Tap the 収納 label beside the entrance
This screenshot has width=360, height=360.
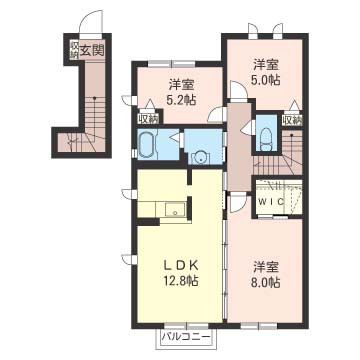point(74,50)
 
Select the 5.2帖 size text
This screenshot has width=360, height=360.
point(182,100)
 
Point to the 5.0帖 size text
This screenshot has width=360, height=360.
point(266,79)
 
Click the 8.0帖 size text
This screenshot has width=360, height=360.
point(266,283)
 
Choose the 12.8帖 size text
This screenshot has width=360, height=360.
point(182,281)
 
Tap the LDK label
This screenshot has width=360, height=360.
point(182,265)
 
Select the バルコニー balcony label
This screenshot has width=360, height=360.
point(186,336)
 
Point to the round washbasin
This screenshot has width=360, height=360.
point(201,158)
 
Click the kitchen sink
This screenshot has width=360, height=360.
point(175,210)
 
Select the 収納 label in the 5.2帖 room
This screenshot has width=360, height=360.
point(148,118)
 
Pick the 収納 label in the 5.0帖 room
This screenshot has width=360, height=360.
point(292,120)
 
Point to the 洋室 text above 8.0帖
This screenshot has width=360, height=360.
point(266,268)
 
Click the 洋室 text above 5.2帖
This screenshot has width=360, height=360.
point(182,85)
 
